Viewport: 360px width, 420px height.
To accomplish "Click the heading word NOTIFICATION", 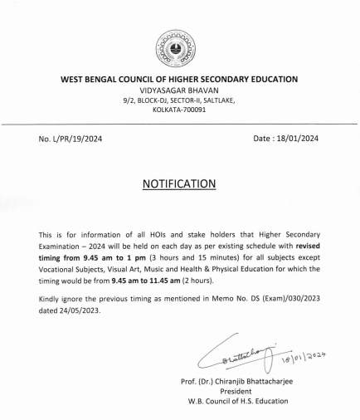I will (x=179, y=182).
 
